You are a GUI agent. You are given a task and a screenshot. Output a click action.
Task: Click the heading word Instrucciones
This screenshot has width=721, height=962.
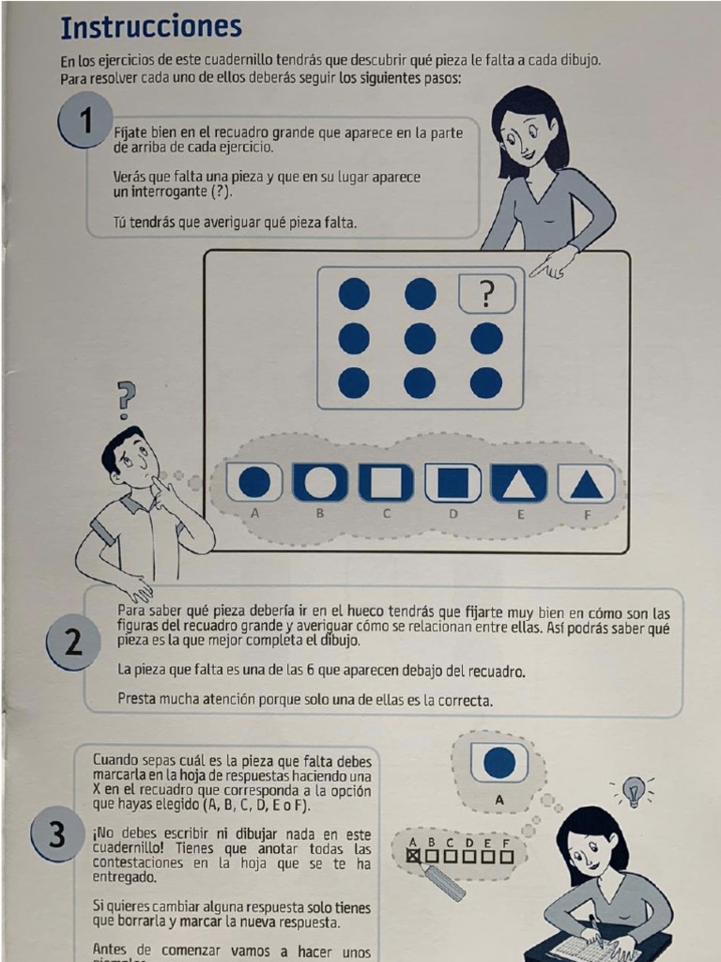(151, 27)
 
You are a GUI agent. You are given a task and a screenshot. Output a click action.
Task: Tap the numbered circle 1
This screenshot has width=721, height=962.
(85, 121)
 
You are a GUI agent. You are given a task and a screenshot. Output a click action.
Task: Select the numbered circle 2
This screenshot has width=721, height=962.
(73, 642)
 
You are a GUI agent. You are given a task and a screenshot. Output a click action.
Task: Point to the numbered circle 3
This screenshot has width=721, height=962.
(57, 834)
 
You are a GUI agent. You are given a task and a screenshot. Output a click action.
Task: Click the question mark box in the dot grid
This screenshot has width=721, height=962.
(487, 294)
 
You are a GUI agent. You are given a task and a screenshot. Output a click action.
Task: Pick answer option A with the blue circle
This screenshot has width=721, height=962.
(254, 482)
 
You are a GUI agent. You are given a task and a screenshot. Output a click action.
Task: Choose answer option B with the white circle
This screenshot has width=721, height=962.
(320, 482)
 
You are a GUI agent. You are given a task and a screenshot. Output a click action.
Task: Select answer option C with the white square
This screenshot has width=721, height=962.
(386, 482)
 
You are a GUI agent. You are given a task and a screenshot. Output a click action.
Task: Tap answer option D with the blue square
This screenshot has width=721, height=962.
(453, 482)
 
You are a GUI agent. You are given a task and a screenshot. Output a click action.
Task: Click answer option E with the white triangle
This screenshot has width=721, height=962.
(518, 482)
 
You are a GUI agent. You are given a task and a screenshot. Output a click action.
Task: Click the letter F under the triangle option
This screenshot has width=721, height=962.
(587, 516)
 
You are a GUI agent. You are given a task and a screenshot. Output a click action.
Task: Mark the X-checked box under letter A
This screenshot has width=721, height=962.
(414, 855)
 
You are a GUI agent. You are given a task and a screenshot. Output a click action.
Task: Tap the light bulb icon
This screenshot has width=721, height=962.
(632, 789)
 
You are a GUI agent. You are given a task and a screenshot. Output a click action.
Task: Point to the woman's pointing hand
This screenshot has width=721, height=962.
(550, 264)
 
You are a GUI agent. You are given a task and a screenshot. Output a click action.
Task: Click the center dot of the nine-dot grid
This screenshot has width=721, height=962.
(420, 338)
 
